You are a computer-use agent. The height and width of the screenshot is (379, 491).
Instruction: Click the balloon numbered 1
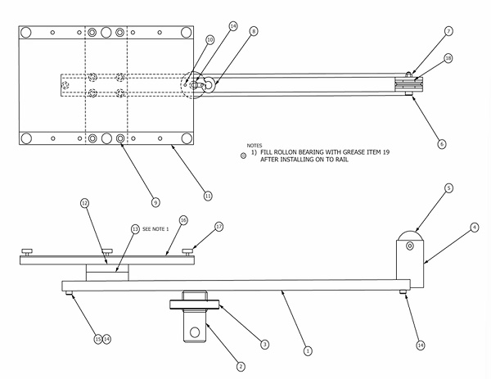click(x=308, y=350)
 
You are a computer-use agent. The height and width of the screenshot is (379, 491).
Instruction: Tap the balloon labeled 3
click(x=264, y=345)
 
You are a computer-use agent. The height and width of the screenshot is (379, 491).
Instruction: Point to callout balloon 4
click(x=475, y=227)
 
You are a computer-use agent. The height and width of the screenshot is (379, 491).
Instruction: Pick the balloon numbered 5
click(x=448, y=187)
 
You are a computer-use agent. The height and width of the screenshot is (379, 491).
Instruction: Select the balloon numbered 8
click(x=254, y=31)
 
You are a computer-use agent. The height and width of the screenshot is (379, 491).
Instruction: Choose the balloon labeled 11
click(x=208, y=196)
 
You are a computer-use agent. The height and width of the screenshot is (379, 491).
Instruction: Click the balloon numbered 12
click(x=84, y=202)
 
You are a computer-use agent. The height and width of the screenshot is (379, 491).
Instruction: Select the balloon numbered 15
click(x=97, y=339)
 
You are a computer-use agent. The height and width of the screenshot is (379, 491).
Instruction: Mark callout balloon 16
click(x=183, y=220)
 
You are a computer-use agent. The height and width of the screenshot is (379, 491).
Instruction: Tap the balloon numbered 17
click(x=218, y=226)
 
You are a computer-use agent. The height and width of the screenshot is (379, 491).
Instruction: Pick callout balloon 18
click(x=448, y=58)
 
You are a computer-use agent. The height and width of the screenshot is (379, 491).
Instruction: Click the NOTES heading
click(x=255, y=144)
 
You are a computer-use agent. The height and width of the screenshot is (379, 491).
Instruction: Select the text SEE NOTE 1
click(x=155, y=228)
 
